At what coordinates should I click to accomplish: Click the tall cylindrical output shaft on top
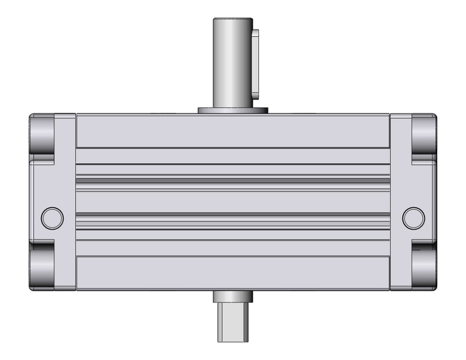(x=232, y=61)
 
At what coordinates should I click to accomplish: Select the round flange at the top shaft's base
(x=233, y=110)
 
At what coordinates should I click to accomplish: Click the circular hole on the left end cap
(x=52, y=218)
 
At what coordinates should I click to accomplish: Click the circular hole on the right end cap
(x=413, y=217)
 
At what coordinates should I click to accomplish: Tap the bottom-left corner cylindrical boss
(x=42, y=265)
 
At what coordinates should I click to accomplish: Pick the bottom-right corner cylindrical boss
(x=424, y=265)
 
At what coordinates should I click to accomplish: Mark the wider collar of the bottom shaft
(x=232, y=297)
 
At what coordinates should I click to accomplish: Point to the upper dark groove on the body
(x=232, y=178)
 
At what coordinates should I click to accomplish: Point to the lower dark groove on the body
(x=232, y=215)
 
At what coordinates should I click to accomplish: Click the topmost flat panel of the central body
(x=232, y=131)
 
